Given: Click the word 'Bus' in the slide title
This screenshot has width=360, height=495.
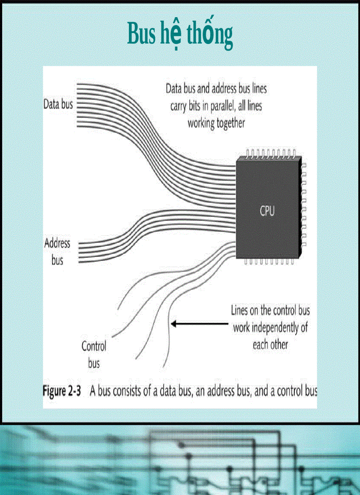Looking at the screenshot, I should (x=140, y=34).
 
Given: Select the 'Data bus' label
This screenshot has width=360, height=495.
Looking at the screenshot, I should (x=58, y=105).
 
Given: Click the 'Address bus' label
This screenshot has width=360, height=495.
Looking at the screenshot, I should (x=57, y=252).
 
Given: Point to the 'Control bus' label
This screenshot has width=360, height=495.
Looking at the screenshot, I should (x=94, y=354).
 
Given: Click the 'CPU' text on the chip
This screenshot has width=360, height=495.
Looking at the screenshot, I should (x=267, y=211).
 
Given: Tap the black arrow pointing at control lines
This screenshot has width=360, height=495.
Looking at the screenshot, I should (x=199, y=324).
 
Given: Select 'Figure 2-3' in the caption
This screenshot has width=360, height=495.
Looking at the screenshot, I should (x=62, y=391).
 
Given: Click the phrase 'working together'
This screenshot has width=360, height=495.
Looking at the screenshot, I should (x=216, y=123).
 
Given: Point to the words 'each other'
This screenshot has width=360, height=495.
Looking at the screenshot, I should (x=270, y=344).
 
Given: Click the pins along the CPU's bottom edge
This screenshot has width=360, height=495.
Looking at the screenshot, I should (x=269, y=261).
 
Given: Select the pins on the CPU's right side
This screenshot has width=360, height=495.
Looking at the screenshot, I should (x=304, y=205).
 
